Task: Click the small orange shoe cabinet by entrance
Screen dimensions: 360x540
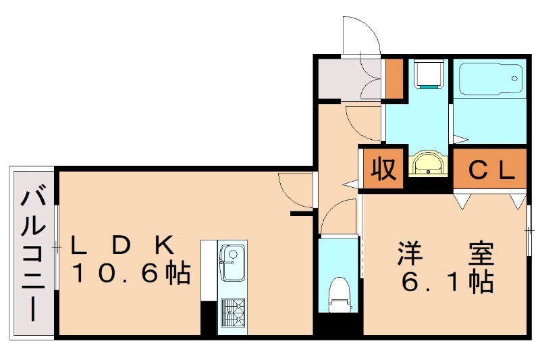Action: [x=394, y=78]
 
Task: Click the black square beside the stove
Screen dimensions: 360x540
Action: [x=208, y=317]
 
